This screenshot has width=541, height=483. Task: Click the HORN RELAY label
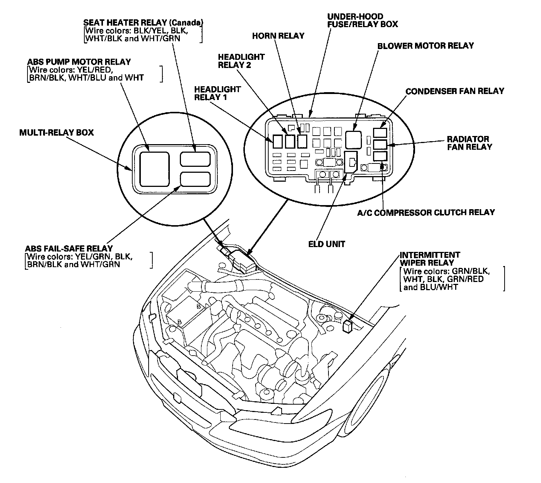(278, 36)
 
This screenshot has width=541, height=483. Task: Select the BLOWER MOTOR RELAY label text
(425, 46)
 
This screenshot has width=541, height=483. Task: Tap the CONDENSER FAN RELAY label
(454, 91)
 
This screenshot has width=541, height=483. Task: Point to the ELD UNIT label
(327, 244)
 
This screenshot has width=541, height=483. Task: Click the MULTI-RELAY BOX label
(56, 132)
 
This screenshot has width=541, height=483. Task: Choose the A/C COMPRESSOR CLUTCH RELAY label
(426, 213)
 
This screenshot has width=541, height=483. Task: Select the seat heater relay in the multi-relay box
(195, 159)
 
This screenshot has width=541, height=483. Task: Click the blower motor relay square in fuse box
(353, 139)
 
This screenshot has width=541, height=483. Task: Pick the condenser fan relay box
(380, 133)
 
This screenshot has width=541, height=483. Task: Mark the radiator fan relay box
(380, 145)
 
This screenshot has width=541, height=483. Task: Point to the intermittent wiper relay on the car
(348, 326)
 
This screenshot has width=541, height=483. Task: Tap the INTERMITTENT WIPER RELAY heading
(430, 259)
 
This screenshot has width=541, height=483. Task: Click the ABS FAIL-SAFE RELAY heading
(69, 248)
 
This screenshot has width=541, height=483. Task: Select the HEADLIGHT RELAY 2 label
(241, 61)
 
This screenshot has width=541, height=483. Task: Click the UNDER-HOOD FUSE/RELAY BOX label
(362, 20)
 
